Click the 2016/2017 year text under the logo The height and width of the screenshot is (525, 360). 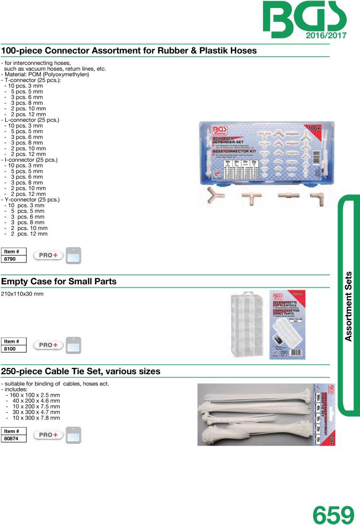[326, 36]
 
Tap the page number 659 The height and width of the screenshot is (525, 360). [333, 514]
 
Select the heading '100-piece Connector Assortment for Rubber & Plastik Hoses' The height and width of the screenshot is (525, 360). [129, 51]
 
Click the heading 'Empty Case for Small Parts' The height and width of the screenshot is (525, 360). [59, 281]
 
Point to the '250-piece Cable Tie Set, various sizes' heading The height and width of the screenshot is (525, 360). [80, 371]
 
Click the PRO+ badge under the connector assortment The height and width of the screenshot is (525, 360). [48, 255]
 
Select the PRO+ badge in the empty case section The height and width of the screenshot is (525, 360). [48, 345]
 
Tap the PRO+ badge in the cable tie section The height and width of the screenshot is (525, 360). [48, 435]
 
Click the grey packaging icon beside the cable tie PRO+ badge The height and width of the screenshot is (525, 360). [73, 435]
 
